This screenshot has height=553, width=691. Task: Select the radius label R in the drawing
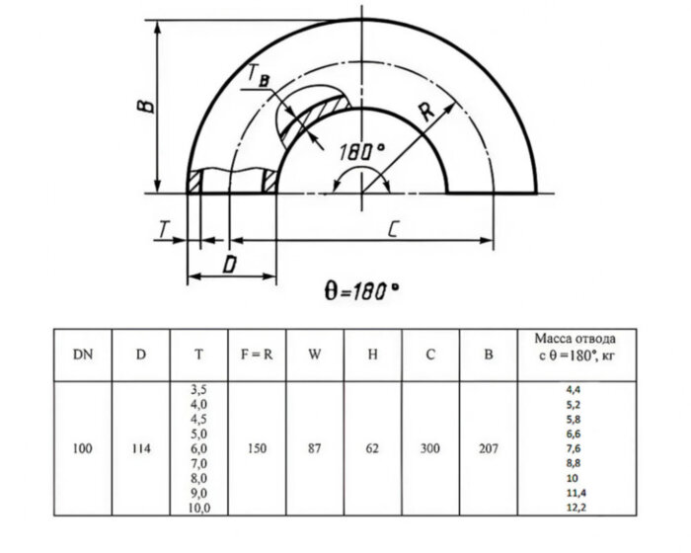(426, 112)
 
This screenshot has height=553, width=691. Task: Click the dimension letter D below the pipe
(229, 264)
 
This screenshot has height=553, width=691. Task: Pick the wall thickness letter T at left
(162, 229)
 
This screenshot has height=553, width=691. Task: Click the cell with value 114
(141, 448)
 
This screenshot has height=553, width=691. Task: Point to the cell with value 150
(257, 448)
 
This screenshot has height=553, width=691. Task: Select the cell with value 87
(315, 448)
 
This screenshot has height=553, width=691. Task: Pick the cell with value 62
(373, 448)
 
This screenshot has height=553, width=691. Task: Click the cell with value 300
(431, 448)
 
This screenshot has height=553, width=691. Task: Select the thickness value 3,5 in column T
(198, 391)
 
